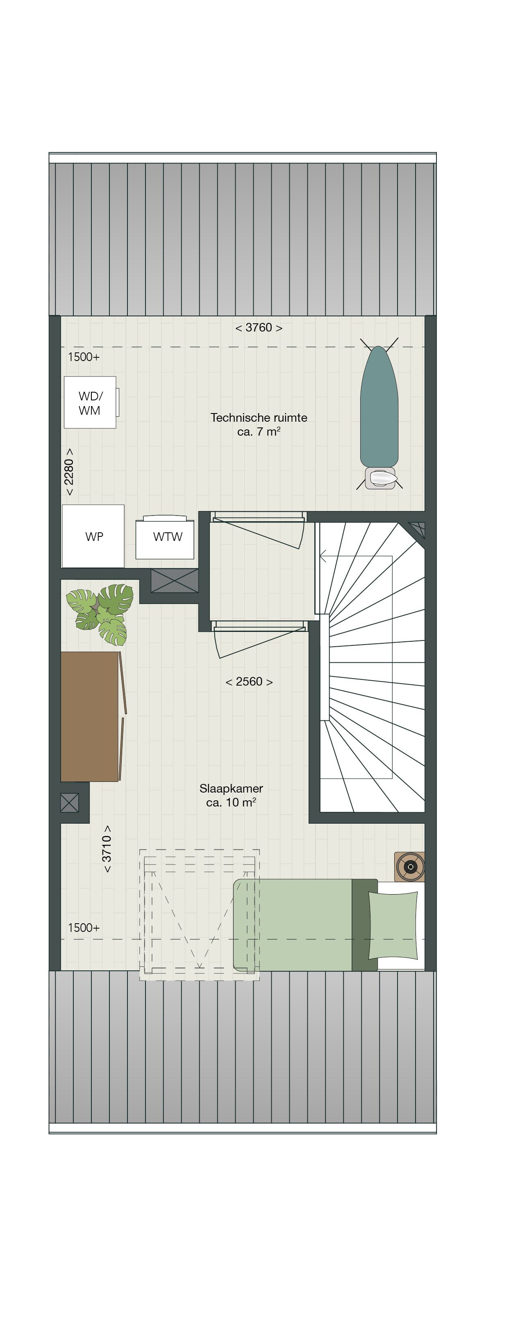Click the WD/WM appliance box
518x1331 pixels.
[x=90, y=402]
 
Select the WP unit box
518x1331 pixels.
[x=93, y=536]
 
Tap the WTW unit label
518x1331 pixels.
[x=168, y=537]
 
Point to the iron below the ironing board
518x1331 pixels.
[x=380, y=478]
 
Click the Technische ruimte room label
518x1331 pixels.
[x=259, y=424]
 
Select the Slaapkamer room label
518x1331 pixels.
[x=231, y=795]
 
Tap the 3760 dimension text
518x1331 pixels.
[x=259, y=327]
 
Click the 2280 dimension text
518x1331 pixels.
[x=69, y=472]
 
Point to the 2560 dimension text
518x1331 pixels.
[x=249, y=681]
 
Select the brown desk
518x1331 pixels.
[x=90, y=716]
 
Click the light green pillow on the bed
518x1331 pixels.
[x=393, y=925]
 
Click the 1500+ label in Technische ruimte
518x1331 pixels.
[x=84, y=357]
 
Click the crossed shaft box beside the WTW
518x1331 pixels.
[x=174, y=580]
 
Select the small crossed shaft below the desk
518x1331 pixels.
[x=69, y=802]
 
